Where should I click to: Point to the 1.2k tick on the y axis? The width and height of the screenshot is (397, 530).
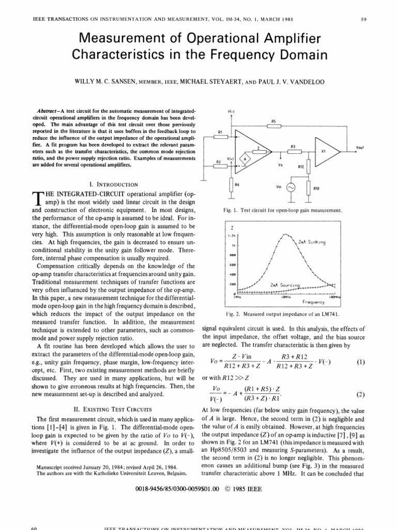[232, 235]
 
